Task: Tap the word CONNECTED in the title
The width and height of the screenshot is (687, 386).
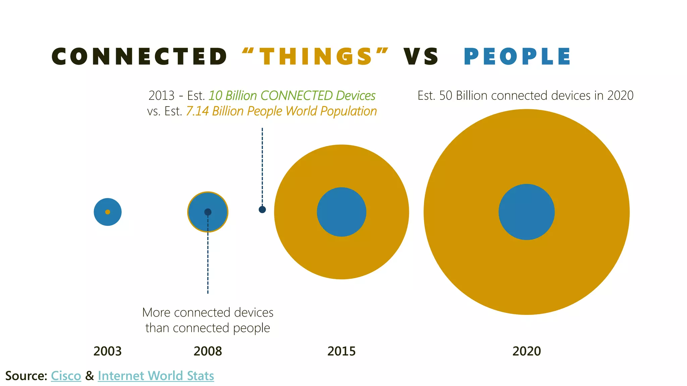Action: coord(140,56)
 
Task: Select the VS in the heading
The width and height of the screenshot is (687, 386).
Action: coord(421,56)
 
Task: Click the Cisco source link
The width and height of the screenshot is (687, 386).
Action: coord(66,376)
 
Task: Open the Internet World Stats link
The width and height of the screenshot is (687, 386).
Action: coord(156,376)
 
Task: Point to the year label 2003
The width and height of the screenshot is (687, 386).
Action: coord(107,351)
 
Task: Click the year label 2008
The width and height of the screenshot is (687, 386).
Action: coord(208,351)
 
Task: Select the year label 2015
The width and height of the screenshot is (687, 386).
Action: coord(341,351)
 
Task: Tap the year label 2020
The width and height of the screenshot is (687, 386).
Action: coord(527,351)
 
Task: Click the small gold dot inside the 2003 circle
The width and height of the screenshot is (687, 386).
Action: coord(108,212)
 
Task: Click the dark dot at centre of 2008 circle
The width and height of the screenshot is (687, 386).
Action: coord(208,212)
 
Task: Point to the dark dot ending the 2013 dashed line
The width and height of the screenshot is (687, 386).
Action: coord(262,209)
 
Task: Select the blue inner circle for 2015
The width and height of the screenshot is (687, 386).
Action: coord(341,212)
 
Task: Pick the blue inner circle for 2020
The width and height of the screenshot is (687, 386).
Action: coord(527,212)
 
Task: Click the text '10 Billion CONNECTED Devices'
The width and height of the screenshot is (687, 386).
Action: coord(292,96)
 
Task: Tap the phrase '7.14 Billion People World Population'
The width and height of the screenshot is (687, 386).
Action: coord(281,111)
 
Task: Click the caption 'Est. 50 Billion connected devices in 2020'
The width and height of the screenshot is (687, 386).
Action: coord(525,96)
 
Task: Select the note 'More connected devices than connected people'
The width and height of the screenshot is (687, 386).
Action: coord(208,320)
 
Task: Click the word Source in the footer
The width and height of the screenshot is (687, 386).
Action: coord(26,376)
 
